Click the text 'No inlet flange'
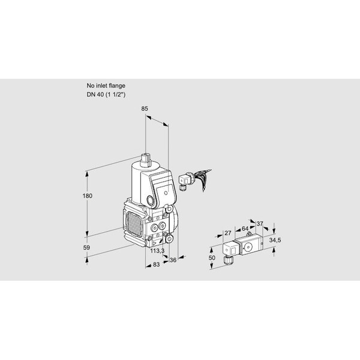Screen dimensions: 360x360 (x=106, y=86)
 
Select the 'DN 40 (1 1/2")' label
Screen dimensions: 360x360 (x=106, y=94)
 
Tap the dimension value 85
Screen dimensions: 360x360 (x=145, y=109)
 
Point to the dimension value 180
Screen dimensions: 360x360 (x=88, y=196)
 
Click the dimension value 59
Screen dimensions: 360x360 (x=86, y=248)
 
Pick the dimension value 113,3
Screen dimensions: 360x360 (x=157, y=251)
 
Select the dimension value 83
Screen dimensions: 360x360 (x=156, y=265)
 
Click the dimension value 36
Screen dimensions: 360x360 (x=173, y=260)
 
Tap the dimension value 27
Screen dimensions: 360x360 (x=228, y=233)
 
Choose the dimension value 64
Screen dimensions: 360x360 (x=245, y=229)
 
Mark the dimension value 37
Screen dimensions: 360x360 (x=260, y=223)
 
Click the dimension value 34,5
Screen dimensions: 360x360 (x=275, y=241)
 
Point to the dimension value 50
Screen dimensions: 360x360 (x=212, y=257)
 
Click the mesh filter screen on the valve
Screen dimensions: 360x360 (x=134, y=224)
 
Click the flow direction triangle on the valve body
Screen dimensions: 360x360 (x=155, y=244)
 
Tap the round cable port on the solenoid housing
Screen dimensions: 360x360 (x=151, y=201)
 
